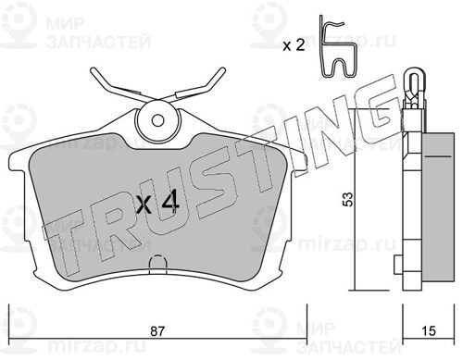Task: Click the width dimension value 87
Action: [157, 331]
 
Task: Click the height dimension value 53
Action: [348, 199]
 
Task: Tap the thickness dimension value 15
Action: [429, 331]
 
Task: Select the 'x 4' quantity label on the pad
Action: [157, 204]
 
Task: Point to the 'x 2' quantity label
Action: [294, 46]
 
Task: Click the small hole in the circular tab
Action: [157, 120]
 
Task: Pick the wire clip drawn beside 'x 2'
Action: [338, 46]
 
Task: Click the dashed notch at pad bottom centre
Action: [157, 265]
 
